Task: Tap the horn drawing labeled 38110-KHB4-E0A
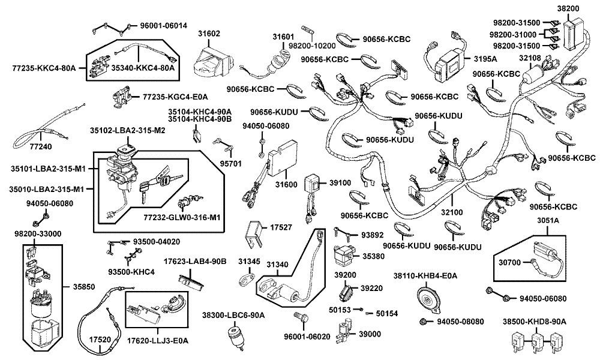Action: coord(427,297)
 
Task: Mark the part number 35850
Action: coord(83,287)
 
